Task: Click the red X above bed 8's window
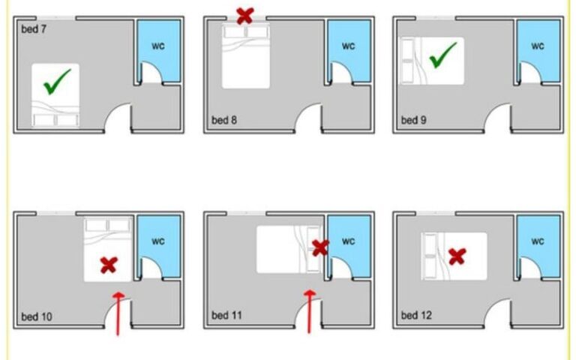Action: click(245, 16)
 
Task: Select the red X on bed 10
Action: click(109, 265)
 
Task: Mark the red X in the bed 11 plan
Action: click(320, 248)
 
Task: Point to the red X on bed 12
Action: click(457, 256)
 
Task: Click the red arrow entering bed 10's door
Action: click(118, 313)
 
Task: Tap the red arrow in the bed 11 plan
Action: click(310, 311)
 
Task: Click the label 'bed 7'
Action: click(34, 29)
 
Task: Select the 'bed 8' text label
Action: click(224, 120)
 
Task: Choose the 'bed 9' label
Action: click(414, 120)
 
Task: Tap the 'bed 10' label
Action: click(36, 316)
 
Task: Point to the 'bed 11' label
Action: click(226, 315)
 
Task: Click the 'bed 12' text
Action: click(416, 315)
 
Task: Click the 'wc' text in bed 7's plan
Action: click(158, 46)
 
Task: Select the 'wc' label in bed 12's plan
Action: click(538, 241)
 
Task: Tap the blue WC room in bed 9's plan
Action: click(538, 51)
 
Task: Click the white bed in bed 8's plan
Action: click(246, 55)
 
